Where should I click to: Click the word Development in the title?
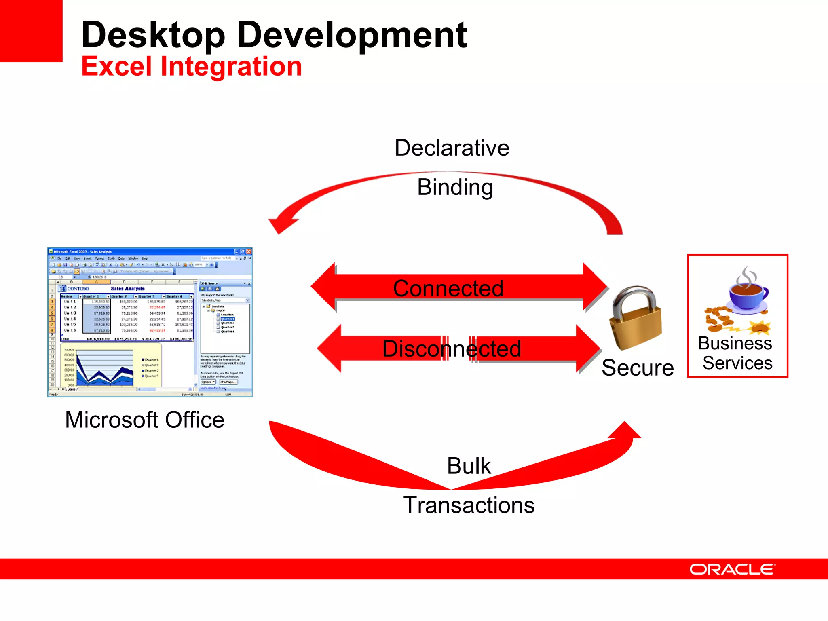[352, 36]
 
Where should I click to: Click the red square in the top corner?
[31, 31]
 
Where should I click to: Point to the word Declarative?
[452, 148]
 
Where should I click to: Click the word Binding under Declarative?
[455, 187]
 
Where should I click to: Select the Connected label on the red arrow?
[448, 288]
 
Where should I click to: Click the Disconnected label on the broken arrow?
[451, 349]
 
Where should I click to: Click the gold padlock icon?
[636, 319]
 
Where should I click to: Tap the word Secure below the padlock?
[637, 368]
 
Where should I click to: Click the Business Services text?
[737, 353]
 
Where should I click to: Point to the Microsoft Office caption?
[144, 420]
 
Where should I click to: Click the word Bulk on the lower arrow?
[469, 466]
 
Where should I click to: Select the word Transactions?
[469, 505]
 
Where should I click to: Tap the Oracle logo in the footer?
[732, 569]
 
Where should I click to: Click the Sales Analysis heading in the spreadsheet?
[127, 289]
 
